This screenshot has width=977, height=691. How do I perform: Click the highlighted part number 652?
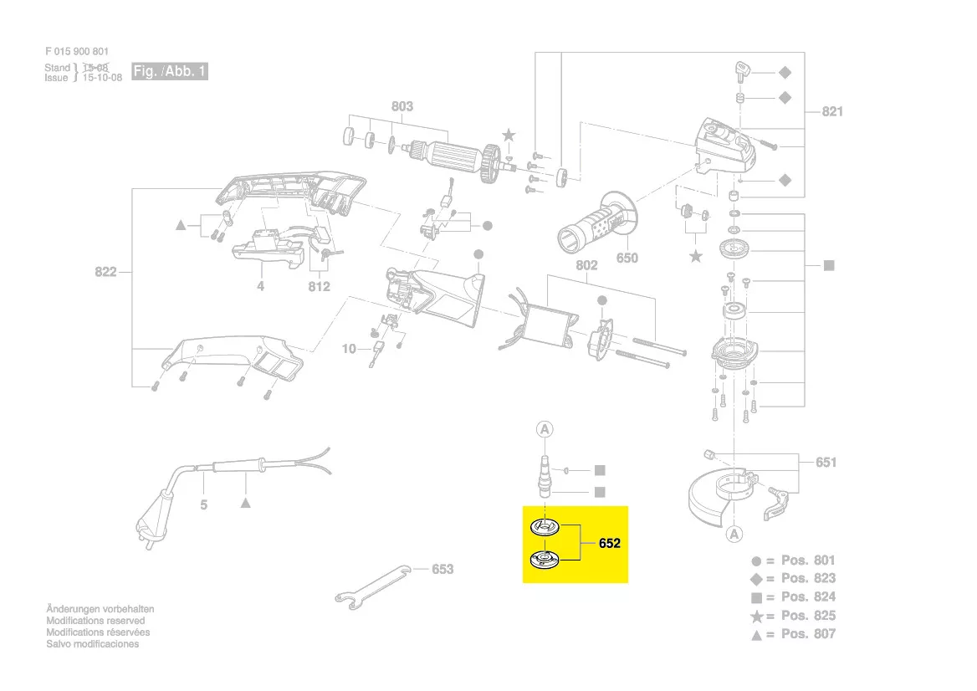click(610, 544)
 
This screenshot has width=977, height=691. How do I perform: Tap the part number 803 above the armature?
click(402, 106)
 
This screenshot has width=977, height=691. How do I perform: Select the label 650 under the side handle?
click(627, 258)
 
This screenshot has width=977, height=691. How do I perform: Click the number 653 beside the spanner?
click(442, 570)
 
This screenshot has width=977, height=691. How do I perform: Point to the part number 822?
click(105, 272)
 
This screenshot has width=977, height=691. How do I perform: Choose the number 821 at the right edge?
click(832, 111)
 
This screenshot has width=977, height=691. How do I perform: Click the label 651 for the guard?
click(826, 462)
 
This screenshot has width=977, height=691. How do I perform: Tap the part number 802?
click(587, 265)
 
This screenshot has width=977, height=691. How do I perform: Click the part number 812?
click(319, 286)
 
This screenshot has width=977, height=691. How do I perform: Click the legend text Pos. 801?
click(808, 560)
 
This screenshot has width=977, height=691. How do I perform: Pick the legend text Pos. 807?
click(808, 634)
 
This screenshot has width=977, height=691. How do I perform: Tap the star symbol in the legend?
click(756, 616)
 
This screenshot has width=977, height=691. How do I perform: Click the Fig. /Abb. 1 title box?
click(169, 72)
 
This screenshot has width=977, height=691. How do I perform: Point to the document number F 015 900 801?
click(77, 52)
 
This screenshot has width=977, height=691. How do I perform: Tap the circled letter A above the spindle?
click(545, 430)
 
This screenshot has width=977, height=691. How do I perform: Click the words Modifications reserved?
click(95, 621)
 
